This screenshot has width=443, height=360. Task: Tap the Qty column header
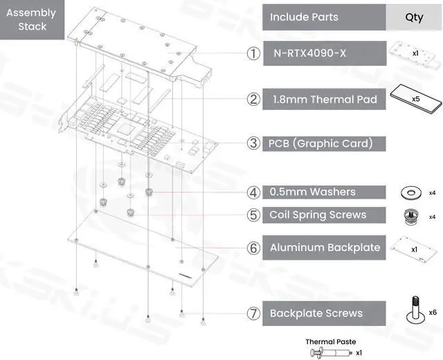pyautogui.click(x=414, y=17)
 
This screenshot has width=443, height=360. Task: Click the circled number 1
pyautogui.click(x=253, y=53)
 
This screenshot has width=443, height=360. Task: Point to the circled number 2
pyautogui.click(x=253, y=99)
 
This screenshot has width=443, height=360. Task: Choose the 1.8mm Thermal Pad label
pyautogui.click(x=323, y=99)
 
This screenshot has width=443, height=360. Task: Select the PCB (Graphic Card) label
pyautogui.click(x=321, y=143)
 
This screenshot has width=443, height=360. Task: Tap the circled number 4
pyautogui.click(x=253, y=192)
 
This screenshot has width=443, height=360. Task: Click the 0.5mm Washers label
pyautogui.click(x=313, y=192)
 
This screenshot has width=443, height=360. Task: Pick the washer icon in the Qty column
pyautogui.click(x=410, y=192)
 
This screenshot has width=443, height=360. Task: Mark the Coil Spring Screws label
pyautogui.click(x=318, y=215)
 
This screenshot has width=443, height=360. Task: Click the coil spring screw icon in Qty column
pyautogui.click(x=410, y=217)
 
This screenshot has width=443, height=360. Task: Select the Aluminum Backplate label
pyautogui.click(x=325, y=247)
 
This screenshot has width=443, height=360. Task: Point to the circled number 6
pyautogui.click(x=253, y=247)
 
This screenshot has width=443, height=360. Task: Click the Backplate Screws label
pyautogui.click(x=316, y=313)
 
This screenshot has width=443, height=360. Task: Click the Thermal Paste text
pyautogui.click(x=331, y=341)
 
